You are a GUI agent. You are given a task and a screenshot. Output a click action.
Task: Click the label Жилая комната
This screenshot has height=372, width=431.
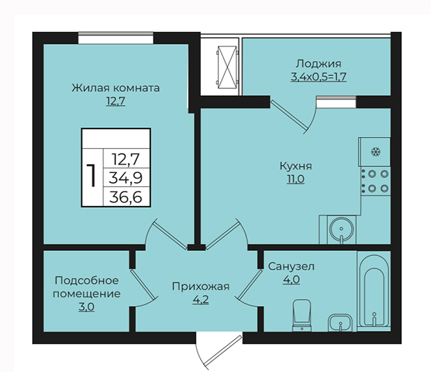tap(115, 88)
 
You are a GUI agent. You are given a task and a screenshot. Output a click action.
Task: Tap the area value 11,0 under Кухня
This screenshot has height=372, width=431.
tap(295, 179)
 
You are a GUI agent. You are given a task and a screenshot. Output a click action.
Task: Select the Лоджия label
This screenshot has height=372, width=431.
tap(318, 64)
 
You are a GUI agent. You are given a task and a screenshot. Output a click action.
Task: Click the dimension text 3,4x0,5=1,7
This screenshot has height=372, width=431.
tap(318, 76)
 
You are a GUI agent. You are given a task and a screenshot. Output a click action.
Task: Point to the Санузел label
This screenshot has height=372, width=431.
tap(291, 266)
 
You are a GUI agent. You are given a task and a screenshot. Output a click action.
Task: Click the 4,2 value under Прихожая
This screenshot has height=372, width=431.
tap(201, 300)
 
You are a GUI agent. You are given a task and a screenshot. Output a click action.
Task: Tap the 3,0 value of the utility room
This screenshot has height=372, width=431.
tap(87, 307)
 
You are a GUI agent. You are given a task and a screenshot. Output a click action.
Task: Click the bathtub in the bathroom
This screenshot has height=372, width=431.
tap(374, 292)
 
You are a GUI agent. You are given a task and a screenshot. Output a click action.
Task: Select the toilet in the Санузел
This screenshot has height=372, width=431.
tap(302, 315)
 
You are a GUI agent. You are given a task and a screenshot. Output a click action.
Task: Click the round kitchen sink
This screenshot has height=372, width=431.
tap(341, 229)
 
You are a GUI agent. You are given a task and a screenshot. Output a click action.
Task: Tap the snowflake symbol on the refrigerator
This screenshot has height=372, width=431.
tap(375, 152)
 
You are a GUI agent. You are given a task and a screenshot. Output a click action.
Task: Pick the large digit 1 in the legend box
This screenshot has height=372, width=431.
tap(91, 175)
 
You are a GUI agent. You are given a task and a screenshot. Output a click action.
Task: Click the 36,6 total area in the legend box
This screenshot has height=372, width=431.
tap(126, 197)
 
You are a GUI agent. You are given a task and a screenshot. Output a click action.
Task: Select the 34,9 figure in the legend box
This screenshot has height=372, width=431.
tap(126, 177)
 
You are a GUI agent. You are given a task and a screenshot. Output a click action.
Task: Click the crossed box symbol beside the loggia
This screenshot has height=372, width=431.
tap(227, 67)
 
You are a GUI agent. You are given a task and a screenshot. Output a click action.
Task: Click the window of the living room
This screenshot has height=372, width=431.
tap(115, 38)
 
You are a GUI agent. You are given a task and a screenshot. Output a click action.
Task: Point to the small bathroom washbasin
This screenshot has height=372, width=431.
tap(341, 323)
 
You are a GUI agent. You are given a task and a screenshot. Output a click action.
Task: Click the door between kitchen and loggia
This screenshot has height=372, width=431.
tap(293, 115)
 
